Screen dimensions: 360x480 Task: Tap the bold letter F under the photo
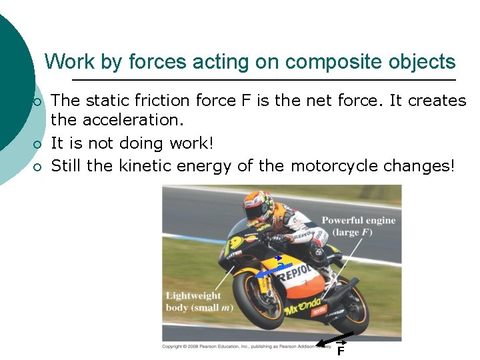pyautogui.click(x=340, y=351)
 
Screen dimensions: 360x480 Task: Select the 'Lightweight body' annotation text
pyautogui.click(x=193, y=301)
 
